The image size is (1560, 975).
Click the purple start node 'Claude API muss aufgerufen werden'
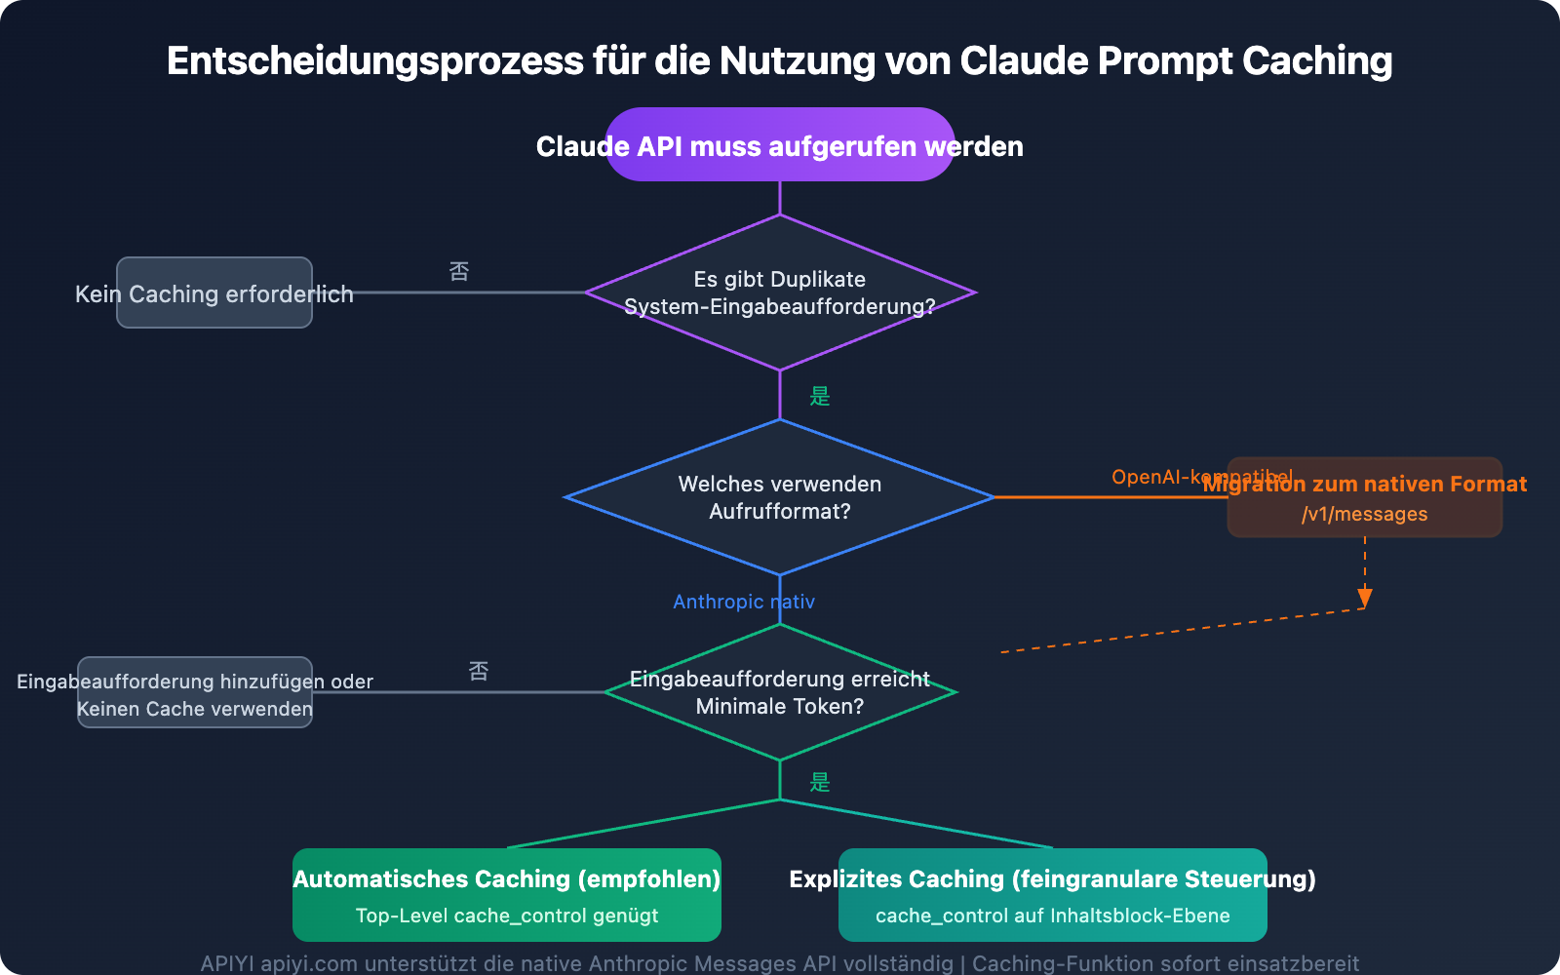(x=780, y=145)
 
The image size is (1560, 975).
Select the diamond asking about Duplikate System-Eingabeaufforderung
(x=780, y=292)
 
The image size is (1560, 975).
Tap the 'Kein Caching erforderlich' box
(x=214, y=292)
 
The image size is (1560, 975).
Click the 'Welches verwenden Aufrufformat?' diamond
(x=780, y=497)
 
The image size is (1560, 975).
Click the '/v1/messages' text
(x=1364, y=514)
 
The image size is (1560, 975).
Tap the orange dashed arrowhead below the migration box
(x=1365, y=598)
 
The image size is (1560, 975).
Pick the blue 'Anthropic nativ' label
(x=743, y=602)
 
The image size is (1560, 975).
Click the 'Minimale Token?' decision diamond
(x=780, y=692)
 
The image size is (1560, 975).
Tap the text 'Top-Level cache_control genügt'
(x=507, y=916)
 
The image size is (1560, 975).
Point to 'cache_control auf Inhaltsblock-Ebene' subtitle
(x=1053, y=916)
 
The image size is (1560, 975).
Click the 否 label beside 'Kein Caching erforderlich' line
(x=459, y=271)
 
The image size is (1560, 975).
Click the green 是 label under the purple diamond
(x=820, y=396)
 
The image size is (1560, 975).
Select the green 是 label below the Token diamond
(x=820, y=782)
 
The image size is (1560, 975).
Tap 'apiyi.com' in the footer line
(x=308, y=963)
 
